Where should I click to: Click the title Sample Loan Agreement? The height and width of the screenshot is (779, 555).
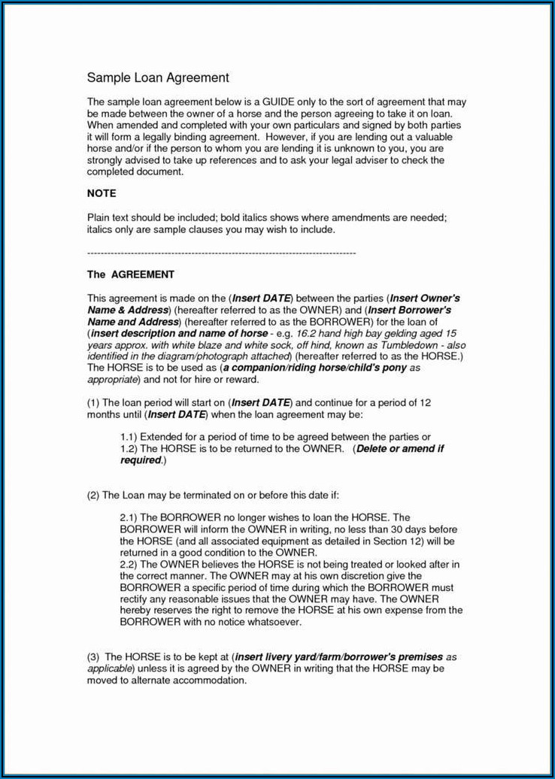pyautogui.click(x=158, y=77)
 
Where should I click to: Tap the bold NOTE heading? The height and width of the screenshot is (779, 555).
pyautogui.click(x=102, y=193)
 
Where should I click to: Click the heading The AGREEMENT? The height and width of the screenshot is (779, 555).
pyautogui.click(x=131, y=274)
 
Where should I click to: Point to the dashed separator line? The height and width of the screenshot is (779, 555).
pyautogui.click(x=221, y=253)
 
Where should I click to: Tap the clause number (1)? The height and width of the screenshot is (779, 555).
pyautogui.click(x=93, y=403)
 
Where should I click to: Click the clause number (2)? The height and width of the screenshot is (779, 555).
pyautogui.click(x=93, y=495)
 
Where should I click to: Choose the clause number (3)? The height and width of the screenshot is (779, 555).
pyautogui.click(x=93, y=656)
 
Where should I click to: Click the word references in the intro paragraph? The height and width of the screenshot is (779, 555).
pyautogui.click(x=227, y=160)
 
